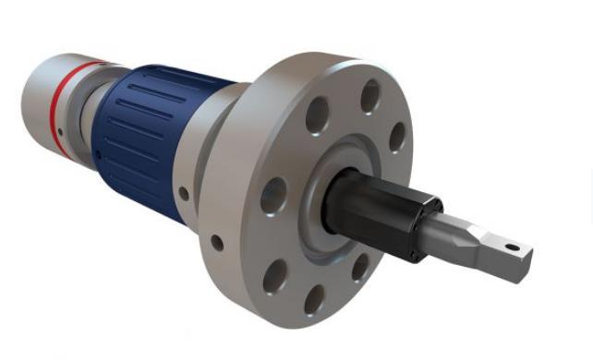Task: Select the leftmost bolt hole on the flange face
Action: click(x=273, y=195)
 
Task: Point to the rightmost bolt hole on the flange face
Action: click(x=397, y=136)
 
